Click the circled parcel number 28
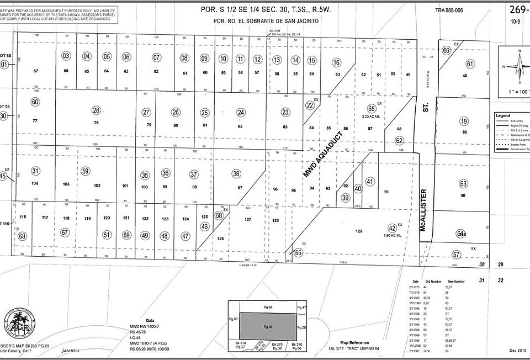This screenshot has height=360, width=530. click(96, 110)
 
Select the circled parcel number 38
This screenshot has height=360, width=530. click(236, 174)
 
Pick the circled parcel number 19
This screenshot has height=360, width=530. click(464, 121)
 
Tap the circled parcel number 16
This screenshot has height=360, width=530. click(337, 62)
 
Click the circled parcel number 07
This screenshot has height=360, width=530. click(156, 57)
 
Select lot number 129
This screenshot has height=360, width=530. click(358, 231)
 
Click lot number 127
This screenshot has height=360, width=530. click(247, 219)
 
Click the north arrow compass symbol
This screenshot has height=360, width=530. click(519, 65)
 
